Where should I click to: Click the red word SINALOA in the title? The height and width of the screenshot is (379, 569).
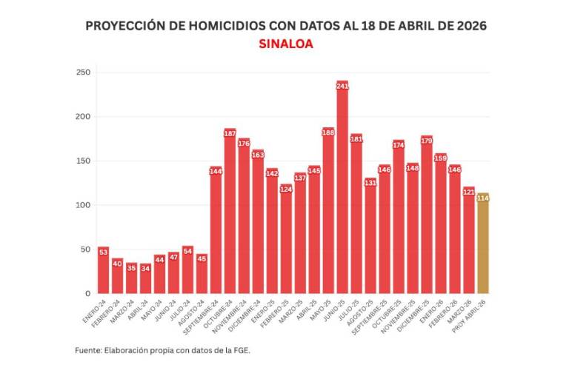286,44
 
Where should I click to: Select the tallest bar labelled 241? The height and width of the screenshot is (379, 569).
342,192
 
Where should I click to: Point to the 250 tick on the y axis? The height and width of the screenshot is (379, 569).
83,73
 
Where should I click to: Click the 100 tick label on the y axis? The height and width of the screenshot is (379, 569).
83,205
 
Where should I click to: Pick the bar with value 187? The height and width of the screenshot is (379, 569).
230,215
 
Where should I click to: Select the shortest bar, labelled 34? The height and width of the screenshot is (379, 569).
145,280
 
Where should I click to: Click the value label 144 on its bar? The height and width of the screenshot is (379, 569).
216,172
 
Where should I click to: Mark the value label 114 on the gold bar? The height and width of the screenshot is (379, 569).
483,198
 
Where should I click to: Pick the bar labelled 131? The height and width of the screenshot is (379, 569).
370,237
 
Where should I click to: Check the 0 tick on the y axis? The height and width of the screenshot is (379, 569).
88,294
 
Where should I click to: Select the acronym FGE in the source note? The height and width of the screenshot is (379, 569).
240,350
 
